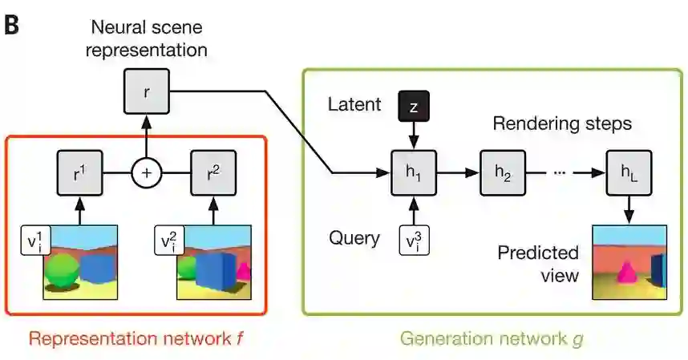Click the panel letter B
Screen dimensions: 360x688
12,23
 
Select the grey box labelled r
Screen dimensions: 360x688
145,91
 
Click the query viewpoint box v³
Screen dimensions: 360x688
414,239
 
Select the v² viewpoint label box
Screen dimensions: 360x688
168,240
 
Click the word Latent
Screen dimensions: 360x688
354,103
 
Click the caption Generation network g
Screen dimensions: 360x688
491,338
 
